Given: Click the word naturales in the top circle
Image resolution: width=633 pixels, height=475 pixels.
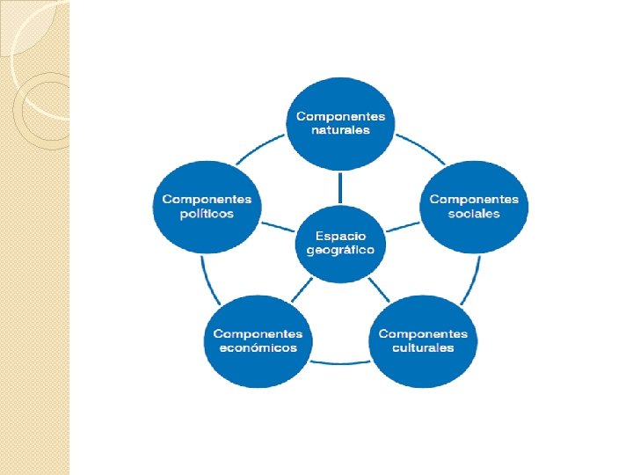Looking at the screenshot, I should [x=340, y=131].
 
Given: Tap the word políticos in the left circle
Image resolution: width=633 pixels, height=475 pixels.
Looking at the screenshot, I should [x=207, y=215].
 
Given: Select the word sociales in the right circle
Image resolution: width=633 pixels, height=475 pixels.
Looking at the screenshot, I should [x=474, y=214].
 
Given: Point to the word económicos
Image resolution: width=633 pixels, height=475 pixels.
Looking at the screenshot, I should [x=258, y=347].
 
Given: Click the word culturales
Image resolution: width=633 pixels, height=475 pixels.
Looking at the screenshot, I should [x=423, y=347].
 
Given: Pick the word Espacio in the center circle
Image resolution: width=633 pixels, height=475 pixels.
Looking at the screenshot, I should [x=340, y=236].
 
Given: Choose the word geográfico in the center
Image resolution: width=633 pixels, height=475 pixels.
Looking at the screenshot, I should [x=340, y=250].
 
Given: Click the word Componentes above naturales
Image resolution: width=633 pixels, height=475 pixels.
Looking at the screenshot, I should [x=340, y=117].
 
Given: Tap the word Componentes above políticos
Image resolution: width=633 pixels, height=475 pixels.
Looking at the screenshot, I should [x=207, y=200].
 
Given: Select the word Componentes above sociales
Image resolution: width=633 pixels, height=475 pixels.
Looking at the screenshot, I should [x=474, y=200].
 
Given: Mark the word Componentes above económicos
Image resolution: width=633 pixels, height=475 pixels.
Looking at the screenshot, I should [x=258, y=333].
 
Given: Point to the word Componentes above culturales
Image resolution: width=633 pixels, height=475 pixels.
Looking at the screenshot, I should [x=423, y=333].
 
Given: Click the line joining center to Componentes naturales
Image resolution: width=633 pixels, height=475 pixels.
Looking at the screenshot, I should [x=340, y=186].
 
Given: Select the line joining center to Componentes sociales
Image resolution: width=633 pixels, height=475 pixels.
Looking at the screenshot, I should [x=404, y=225].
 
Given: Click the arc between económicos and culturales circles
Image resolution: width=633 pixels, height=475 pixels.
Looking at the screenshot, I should [x=340, y=362].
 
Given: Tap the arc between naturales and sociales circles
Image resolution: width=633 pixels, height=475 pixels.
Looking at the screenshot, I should [x=420, y=149].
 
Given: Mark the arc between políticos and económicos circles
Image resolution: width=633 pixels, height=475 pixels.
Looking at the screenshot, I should [x=205, y=277].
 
